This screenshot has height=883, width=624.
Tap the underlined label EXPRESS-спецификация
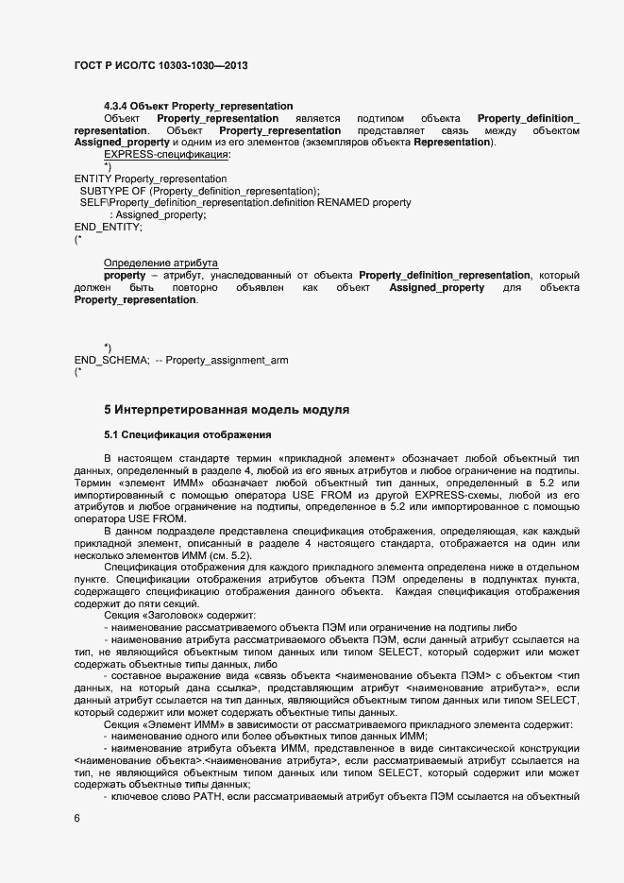166,154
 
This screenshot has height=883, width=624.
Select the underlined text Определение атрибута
160,263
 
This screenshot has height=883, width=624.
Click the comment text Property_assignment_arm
227,361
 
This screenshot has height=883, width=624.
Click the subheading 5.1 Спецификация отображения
187,435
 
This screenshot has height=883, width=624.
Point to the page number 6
76,819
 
